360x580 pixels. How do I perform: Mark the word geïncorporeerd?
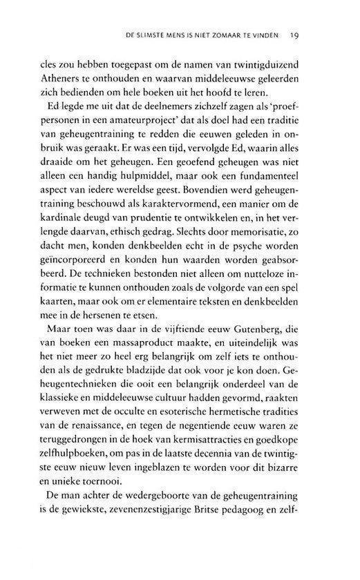91,296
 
